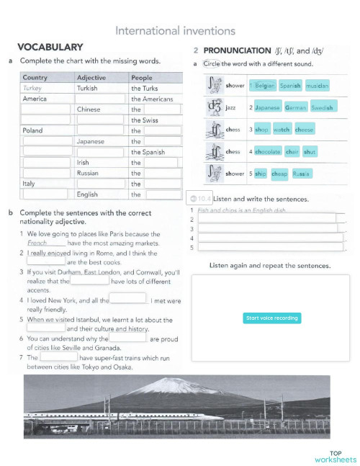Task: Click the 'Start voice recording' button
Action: pos(271,318)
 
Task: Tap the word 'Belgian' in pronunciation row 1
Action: pos(265,86)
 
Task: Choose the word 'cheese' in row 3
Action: pos(305,130)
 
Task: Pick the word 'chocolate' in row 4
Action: pos(267,152)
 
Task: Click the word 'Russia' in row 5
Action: pos(302,174)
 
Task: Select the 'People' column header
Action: pos(141,77)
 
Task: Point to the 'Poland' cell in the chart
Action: pos(33,131)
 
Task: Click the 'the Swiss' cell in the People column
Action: pos(145,120)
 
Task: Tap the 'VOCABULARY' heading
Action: pos(50,47)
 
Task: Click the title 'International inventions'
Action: pos(175,31)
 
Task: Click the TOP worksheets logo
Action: pos(336,456)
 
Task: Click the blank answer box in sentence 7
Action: pos(58,357)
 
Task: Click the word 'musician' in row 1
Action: pos(317,86)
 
